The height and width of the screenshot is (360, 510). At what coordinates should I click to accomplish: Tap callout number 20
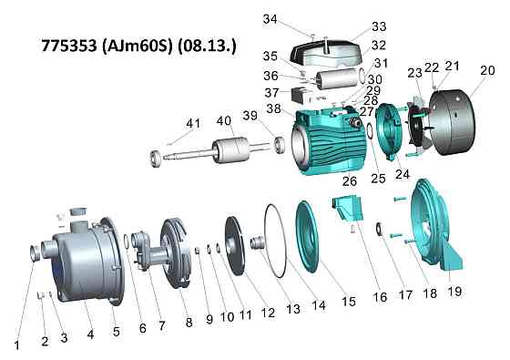(x=487, y=70)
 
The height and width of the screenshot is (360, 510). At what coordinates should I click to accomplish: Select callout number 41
(x=193, y=124)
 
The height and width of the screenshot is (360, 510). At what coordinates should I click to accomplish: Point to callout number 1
(x=17, y=345)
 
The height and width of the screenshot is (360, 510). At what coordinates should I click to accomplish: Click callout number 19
(x=454, y=291)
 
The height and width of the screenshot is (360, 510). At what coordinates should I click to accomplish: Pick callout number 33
(x=379, y=26)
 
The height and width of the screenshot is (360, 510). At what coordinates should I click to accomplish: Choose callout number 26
(x=350, y=181)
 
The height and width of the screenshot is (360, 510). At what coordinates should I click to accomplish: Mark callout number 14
(x=319, y=305)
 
